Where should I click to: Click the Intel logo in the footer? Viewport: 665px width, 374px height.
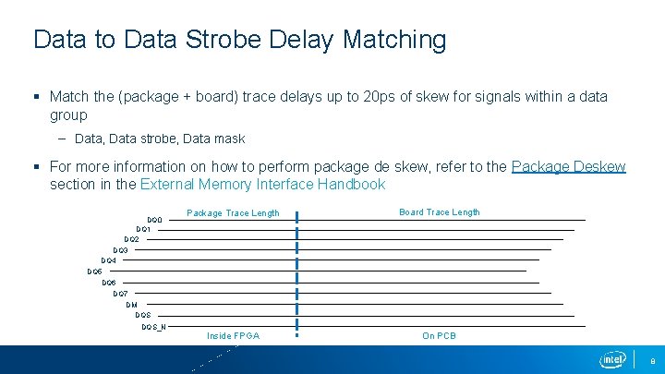(612, 359)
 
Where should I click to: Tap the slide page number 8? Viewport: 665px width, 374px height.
(652, 360)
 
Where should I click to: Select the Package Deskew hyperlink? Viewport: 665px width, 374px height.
(568, 167)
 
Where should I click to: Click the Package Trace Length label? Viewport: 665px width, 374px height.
(233, 213)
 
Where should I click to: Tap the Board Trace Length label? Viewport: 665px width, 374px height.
(439, 212)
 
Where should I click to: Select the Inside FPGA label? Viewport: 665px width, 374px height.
(233, 336)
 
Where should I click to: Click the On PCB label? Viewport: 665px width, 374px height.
(439, 336)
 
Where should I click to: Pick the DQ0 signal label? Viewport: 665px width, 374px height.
(155, 219)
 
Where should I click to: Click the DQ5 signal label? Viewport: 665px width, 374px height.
(94, 271)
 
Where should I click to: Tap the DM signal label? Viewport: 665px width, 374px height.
(131, 304)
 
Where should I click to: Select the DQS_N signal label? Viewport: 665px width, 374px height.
(153, 326)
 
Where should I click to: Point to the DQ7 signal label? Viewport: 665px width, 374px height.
(120, 294)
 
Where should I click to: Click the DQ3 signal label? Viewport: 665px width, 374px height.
(120, 250)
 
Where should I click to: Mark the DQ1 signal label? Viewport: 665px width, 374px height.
(143, 229)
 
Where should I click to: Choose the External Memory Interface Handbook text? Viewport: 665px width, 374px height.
(262, 185)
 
